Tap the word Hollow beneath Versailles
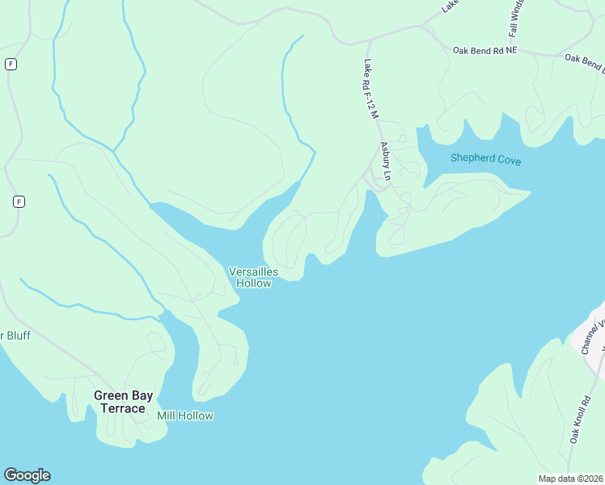click(x=253, y=284)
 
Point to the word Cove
click(x=510, y=161)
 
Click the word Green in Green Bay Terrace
click(x=111, y=395)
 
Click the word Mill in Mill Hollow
click(x=166, y=415)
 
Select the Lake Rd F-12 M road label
click(x=371, y=90)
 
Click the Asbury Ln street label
click(x=386, y=161)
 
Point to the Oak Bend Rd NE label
click(x=484, y=50)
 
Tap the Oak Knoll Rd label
click(x=578, y=419)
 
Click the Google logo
click(x=27, y=475)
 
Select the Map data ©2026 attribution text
click(x=570, y=479)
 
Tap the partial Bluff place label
click(x=15, y=335)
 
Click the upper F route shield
click(x=11, y=64)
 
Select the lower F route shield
click(x=19, y=201)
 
